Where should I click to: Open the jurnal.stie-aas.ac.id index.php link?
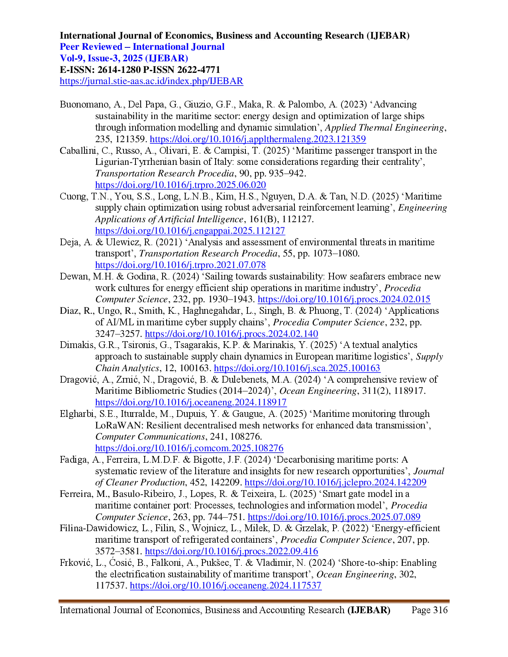[151, 82]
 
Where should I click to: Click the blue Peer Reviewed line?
[142, 47]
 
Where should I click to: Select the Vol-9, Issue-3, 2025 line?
[123, 58]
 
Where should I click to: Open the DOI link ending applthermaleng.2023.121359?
[257, 139]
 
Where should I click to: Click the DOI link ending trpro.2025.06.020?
[180, 185]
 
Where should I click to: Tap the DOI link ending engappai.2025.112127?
[190, 231]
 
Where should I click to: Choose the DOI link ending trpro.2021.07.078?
[180, 266]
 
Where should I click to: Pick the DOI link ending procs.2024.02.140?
[231, 334]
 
